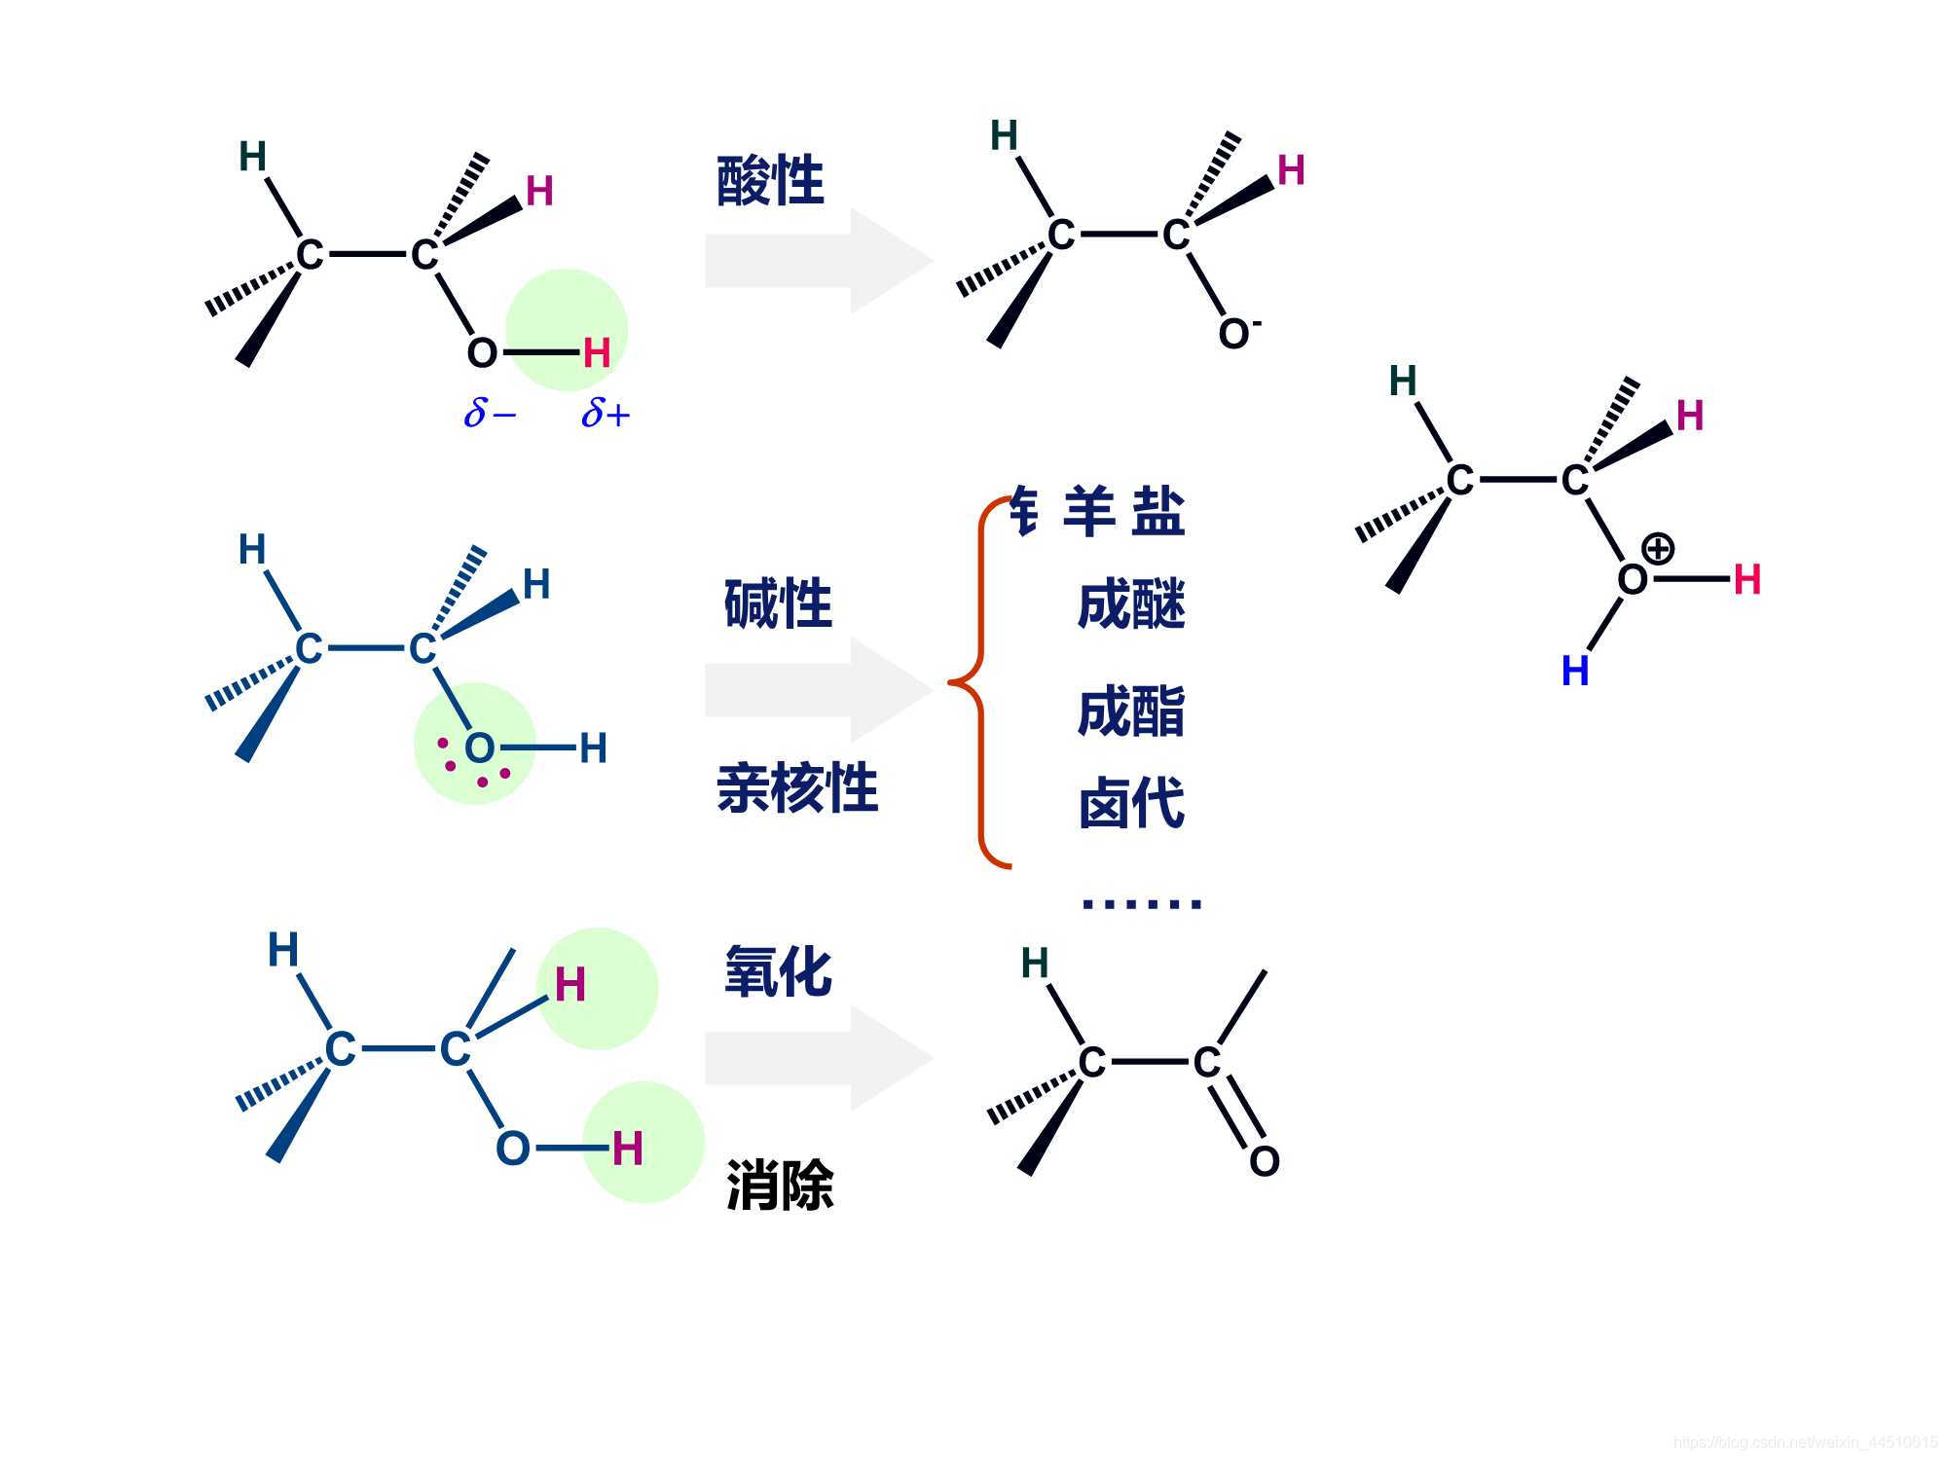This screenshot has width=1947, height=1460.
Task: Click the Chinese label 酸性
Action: point(770,181)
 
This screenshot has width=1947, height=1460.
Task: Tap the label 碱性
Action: point(778,603)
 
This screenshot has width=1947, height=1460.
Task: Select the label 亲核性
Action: point(797,787)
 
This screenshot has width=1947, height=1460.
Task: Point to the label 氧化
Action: point(778,971)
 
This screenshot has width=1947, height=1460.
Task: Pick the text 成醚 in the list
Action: point(1131,604)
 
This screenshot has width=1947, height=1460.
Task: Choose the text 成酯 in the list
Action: point(1131,712)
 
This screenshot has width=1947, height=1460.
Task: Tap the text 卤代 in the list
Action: point(1131,803)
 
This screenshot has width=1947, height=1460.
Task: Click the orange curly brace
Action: point(978,681)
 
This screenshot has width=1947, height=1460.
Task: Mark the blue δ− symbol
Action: point(490,414)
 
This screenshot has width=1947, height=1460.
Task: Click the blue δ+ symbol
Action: point(606,414)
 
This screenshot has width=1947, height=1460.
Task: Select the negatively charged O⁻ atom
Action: point(1236,333)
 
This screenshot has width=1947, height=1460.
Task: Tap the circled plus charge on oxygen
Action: point(1657,548)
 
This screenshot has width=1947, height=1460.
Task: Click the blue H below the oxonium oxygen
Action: point(1575,671)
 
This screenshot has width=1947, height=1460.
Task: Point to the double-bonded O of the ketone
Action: point(1264,1160)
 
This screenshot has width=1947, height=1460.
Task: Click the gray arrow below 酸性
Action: point(818,261)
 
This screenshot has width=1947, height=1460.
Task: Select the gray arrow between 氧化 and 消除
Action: point(818,1059)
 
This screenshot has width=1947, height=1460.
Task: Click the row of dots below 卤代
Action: point(1142,903)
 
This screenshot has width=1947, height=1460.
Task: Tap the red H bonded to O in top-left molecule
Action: point(597,352)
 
